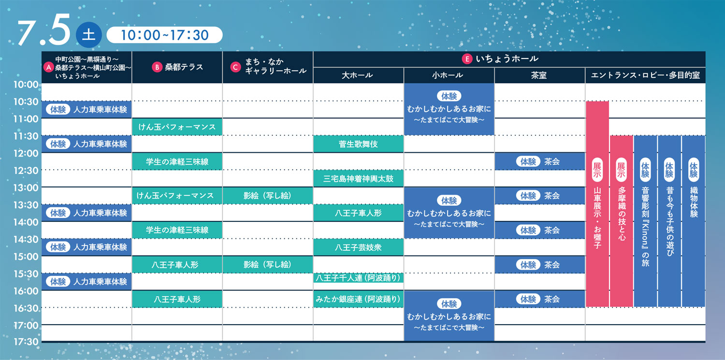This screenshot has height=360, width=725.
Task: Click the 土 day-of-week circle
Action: tap(88, 35)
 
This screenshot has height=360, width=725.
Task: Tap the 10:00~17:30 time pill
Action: tap(164, 35)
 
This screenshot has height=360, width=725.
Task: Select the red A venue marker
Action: tap(48, 67)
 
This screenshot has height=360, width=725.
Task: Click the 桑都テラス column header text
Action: tap(184, 67)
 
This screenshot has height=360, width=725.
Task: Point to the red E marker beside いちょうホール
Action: tap(467, 59)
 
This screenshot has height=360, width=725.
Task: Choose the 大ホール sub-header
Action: tap(358, 75)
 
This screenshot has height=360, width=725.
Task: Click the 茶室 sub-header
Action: tap(539, 75)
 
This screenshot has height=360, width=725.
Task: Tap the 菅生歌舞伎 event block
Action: tap(358, 144)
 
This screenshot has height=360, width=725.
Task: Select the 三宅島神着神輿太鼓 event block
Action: tap(358, 178)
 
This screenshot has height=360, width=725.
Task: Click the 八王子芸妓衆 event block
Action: tap(358, 247)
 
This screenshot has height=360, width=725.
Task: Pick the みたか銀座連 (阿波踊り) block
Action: tap(358, 299)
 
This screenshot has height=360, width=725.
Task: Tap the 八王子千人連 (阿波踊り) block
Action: tap(358, 278)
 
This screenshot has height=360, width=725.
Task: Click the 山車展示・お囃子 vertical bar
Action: tap(597, 204)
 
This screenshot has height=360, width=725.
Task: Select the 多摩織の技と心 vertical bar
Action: tap(622, 221)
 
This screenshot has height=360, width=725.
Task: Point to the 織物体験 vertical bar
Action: tap(693, 221)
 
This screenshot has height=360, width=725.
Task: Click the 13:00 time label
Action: tap(26, 187)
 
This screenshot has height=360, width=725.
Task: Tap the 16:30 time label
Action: tap(26, 308)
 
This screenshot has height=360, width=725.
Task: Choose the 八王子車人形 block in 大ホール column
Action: tap(358, 213)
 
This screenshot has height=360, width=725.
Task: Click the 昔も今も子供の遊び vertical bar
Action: tap(669, 221)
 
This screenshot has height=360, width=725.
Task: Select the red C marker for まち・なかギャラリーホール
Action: tap(235, 67)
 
